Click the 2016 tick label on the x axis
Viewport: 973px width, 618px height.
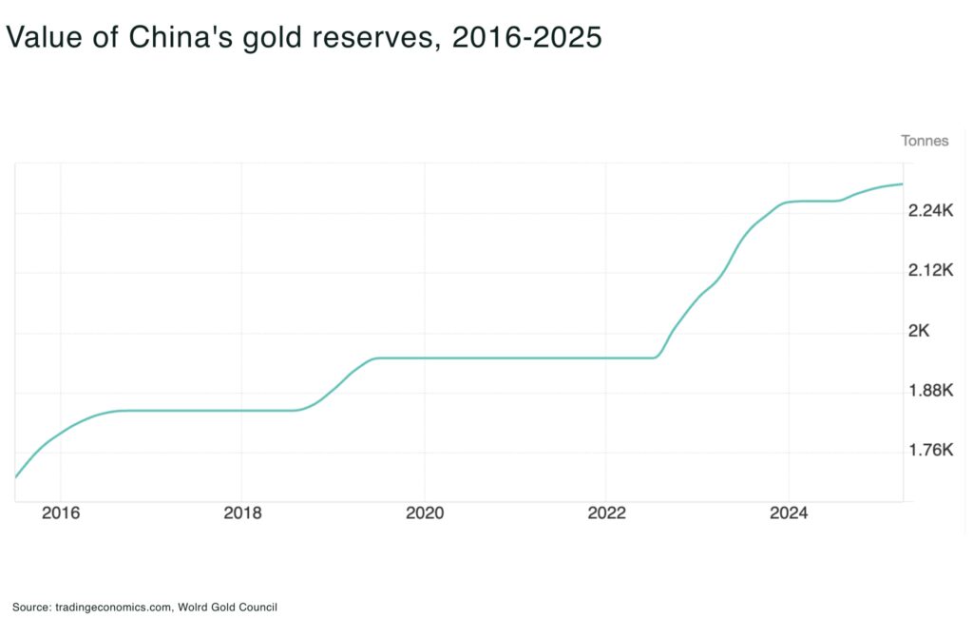[60, 513]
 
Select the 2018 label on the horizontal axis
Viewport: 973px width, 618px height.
[242, 513]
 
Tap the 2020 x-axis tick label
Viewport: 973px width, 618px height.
[425, 513]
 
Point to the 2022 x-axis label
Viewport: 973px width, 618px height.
[606, 513]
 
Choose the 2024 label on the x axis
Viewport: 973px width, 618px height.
[789, 513]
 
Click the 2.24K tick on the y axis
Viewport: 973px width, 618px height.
[931, 210]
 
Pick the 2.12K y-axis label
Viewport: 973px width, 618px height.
[931, 270]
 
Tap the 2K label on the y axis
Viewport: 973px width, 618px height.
[919, 331]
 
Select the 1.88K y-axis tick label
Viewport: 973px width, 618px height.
[931, 391]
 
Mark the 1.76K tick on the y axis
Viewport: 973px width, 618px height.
[931, 451]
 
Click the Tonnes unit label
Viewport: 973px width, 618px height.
[925, 141]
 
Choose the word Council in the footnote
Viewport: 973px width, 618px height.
[258, 607]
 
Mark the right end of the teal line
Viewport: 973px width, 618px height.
[902, 183]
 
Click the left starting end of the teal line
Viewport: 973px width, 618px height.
[16, 476]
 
